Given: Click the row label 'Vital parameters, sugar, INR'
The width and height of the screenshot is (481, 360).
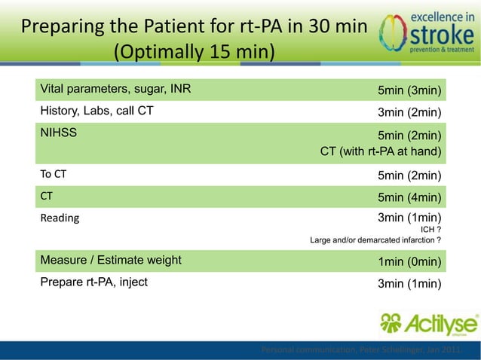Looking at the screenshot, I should click(x=115, y=90).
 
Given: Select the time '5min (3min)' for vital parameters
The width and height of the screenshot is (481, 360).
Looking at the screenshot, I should click(x=409, y=91).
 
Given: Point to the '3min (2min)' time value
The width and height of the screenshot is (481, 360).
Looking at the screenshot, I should click(x=409, y=113).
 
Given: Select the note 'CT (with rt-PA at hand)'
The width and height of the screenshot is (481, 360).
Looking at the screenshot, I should click(x=380, y=151).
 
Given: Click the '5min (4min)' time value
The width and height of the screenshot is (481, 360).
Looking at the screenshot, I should click(x=409, y=197).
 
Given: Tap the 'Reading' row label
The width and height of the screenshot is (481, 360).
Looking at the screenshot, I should click(x=59, y=218).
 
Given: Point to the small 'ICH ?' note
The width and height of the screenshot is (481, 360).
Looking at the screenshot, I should click(x=430, y=230).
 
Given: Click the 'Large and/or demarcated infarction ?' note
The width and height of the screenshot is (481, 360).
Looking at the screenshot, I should click(x=375, y=240).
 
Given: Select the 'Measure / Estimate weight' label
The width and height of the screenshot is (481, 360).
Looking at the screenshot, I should click(x=111, y=261).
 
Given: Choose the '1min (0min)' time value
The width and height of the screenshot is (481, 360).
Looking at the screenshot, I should click(x=409, y=261).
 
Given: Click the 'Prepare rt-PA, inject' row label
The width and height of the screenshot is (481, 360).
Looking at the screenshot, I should click(x=94, y=282).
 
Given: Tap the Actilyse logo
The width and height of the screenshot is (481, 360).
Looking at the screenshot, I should click(x=427, y=325).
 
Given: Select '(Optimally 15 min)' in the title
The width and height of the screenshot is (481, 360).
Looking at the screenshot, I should click(x=193, y=53).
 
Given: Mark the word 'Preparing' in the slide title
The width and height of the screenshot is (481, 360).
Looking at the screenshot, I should click(x=61, y=26).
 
